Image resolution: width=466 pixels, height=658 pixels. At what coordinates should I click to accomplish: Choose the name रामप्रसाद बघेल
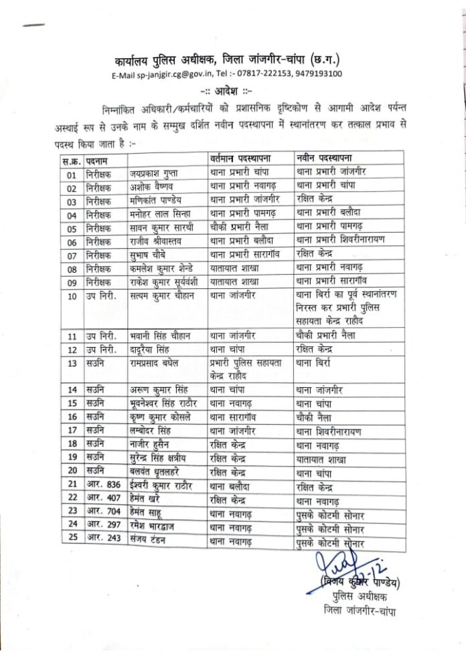(x=159, y=363)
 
